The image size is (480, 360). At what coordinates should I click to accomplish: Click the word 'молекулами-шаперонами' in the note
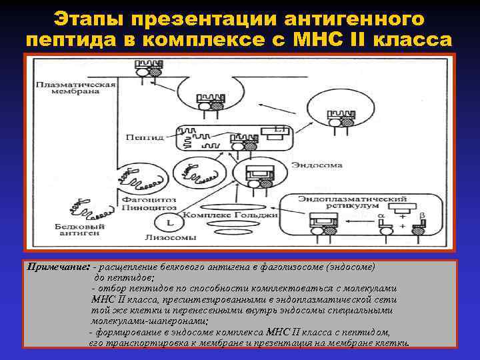coord(149,321)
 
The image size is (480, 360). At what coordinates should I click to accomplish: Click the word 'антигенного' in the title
coord(356,18)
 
